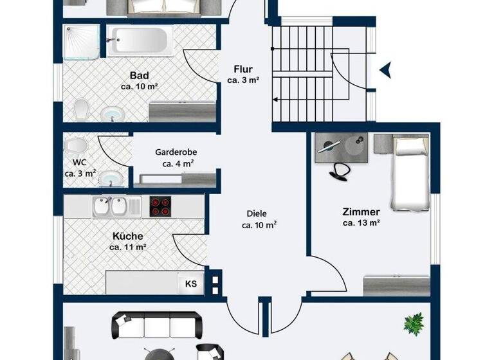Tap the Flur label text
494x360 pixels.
click(243, 69)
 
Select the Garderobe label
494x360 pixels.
click(176, 153)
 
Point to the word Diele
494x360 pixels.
click(256, 214)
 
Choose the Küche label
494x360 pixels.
click(128, 236)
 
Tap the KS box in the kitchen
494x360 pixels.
click(191, 283)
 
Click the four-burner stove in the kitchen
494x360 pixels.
click(162, 206)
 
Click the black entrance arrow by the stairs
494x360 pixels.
click(385, 69)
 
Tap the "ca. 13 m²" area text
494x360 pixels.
click(361, 224)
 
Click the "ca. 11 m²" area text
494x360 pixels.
click(128, 247)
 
